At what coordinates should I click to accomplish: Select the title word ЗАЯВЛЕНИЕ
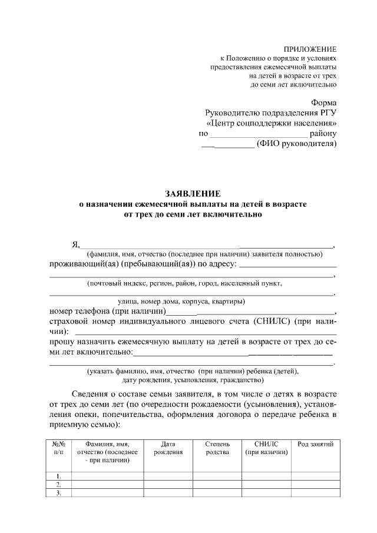coord(193,193)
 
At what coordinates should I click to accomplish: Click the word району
coord(323,134)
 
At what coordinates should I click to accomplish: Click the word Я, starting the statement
coord(75,245)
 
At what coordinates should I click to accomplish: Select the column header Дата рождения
coord(168,448)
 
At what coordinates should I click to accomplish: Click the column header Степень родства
coord(219,448)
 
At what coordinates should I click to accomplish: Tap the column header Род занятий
coord(316,443)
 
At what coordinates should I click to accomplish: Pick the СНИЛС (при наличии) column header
coord(266,448)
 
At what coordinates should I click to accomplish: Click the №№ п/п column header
coord(58,448)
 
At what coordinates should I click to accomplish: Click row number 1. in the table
coord(58,476)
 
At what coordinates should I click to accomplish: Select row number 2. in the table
coord(58,485)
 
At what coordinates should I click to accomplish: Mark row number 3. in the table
coord(58,494)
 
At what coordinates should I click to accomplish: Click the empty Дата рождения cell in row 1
coord(168,476)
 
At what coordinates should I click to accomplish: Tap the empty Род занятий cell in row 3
coord(316,494)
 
